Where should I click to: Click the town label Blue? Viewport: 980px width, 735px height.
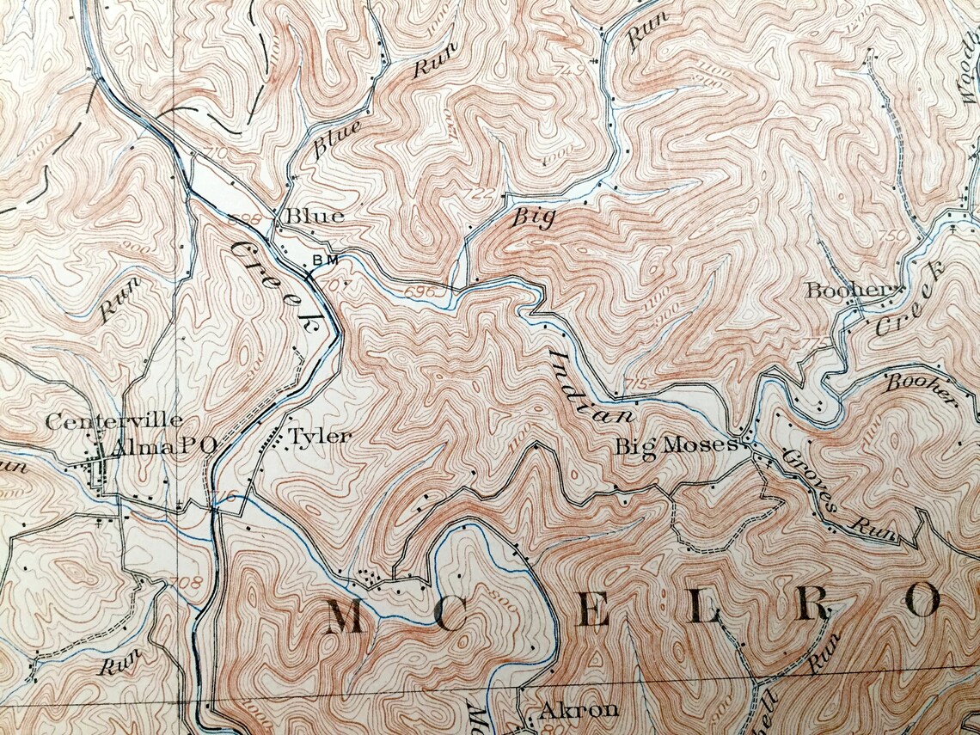315,216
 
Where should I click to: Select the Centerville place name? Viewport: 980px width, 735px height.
113,420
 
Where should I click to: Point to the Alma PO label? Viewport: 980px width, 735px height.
163,444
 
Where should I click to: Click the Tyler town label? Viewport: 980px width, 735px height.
320,437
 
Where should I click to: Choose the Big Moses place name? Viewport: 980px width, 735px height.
676,445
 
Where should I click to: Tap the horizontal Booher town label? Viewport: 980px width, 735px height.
845,291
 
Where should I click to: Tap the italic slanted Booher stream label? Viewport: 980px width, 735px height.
921,389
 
